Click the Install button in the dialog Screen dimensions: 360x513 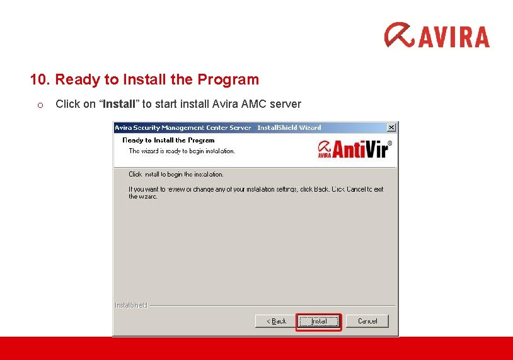(x=318, y=321)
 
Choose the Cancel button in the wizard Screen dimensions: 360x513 (x=367, y=321)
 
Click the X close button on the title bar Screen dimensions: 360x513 (x=391, y=127)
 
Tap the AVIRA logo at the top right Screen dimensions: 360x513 (x=437, y=35)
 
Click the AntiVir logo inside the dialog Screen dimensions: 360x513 (x=355, y=149)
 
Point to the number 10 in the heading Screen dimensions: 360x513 (x=38, y=79)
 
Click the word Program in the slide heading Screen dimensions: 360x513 (x=228, y=79)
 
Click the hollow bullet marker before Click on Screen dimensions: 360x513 (x=39, y=105)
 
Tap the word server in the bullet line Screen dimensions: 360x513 (x=285, y=104)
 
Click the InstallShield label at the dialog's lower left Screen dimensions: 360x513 (x=130, y=305)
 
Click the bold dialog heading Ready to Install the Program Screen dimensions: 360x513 (x=168, y=140)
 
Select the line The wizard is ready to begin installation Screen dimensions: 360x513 (x=182, y=151)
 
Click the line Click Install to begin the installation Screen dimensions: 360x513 (x=176, y=174)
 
